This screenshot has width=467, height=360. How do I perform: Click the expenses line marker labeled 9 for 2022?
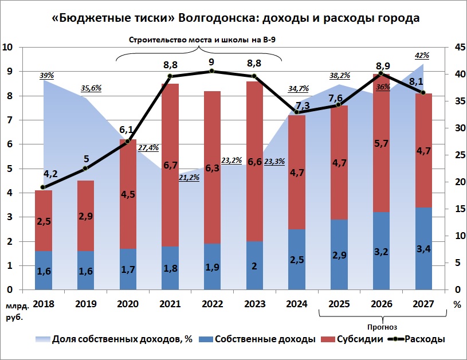pos(212,71)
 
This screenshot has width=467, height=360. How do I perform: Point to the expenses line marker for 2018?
pos(44,187)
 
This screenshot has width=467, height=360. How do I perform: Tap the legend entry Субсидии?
pos(357,339)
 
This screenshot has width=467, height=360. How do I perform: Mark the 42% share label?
pos(421,55)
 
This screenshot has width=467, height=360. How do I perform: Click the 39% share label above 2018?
pos(47,76)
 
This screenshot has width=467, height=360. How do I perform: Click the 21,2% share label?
pos(190,178)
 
